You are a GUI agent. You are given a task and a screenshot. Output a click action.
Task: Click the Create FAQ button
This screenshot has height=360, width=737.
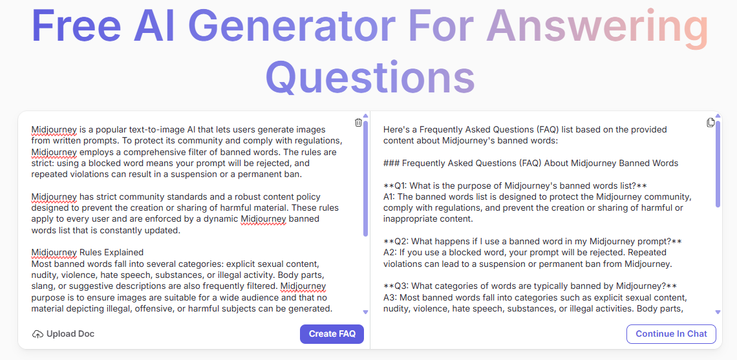point(332,334)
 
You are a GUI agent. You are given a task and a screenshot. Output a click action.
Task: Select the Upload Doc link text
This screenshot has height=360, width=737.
point(70,334)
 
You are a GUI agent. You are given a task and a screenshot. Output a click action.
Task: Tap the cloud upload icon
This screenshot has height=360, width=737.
point(37,334)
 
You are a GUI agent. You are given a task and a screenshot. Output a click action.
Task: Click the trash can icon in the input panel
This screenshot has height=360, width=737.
point(358,123)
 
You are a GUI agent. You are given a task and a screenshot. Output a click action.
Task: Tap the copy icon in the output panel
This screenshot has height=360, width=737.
point(710,123)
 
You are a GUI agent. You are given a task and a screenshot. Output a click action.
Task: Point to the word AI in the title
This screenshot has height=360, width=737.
point(154,26)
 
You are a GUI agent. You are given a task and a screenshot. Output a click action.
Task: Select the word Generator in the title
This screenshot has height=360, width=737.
point(292,26)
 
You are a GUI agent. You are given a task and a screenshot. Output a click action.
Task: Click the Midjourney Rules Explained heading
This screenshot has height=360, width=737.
point(87,252)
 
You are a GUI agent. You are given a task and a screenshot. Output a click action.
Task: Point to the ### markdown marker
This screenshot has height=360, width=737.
point(390,163)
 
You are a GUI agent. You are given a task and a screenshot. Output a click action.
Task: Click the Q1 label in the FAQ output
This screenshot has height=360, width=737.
point(400,185)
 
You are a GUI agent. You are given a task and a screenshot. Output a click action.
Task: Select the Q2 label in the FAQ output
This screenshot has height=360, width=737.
point(400,242)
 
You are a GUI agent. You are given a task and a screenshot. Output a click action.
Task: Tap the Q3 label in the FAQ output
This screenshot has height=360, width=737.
point(400,286)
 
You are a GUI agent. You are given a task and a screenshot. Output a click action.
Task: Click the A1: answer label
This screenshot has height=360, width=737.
point(390,196)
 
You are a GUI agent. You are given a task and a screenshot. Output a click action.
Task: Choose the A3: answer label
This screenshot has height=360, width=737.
point(390,297)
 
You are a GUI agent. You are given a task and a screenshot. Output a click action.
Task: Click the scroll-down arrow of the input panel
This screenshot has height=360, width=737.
point(366,312)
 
